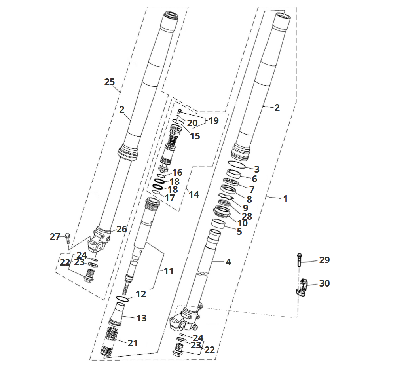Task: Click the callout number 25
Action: (x=110, y=82)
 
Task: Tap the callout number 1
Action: (x=285, y=198)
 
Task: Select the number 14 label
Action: (x=194, y=195)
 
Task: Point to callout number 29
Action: (x=324, y=260)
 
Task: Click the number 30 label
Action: (x=324, y=283)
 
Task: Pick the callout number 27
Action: (x=55, y=237)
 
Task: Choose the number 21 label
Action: (x=133, y=343)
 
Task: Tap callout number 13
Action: (x=141, y=318)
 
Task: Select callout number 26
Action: (x=121, y=229)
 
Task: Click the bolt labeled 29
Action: (x=299, y=260)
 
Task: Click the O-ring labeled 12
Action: (x=123, y=298)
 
